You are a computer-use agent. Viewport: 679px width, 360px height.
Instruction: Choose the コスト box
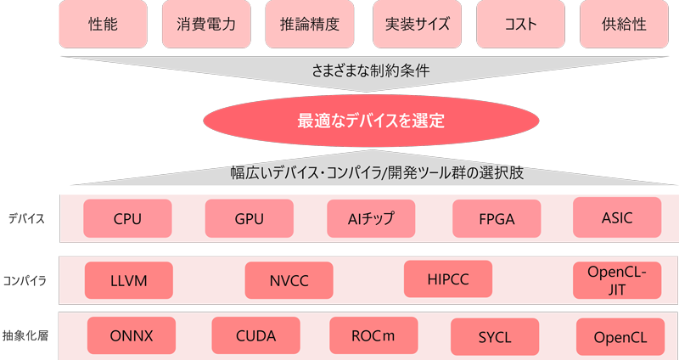click(520, 24)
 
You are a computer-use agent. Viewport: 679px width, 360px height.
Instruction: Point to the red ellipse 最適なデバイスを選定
click(371, 121)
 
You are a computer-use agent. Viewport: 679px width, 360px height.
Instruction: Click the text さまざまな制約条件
click(371, 71)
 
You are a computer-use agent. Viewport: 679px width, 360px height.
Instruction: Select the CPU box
click(127, 219)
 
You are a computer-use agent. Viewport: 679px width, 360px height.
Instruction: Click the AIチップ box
click(371, 218)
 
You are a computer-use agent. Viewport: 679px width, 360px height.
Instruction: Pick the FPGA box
click(497, 219)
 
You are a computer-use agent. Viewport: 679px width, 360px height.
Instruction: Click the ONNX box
click(132, 335)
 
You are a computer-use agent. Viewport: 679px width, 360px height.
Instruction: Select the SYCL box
click(494, 337)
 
